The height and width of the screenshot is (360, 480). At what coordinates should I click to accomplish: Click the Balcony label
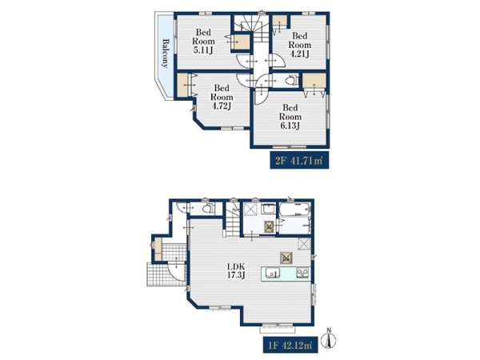166,53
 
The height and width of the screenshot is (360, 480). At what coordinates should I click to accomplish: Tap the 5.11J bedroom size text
203,50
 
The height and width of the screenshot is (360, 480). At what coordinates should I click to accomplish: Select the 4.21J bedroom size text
300,54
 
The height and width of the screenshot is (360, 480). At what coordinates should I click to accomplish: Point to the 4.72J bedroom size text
222,106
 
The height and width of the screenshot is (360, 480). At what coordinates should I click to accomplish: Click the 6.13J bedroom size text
290,126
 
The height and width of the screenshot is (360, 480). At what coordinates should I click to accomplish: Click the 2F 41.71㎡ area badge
299,160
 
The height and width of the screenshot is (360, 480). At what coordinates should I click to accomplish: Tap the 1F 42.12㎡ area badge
291,346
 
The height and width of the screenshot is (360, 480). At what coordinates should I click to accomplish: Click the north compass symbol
330,338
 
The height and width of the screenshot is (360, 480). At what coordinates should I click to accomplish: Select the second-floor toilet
292,81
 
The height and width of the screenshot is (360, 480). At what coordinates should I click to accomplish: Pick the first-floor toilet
207,209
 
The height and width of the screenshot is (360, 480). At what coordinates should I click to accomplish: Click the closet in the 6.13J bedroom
314,81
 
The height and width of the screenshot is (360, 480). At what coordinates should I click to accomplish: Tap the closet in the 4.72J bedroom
183,86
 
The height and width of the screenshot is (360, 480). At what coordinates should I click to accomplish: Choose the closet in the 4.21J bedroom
280,22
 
